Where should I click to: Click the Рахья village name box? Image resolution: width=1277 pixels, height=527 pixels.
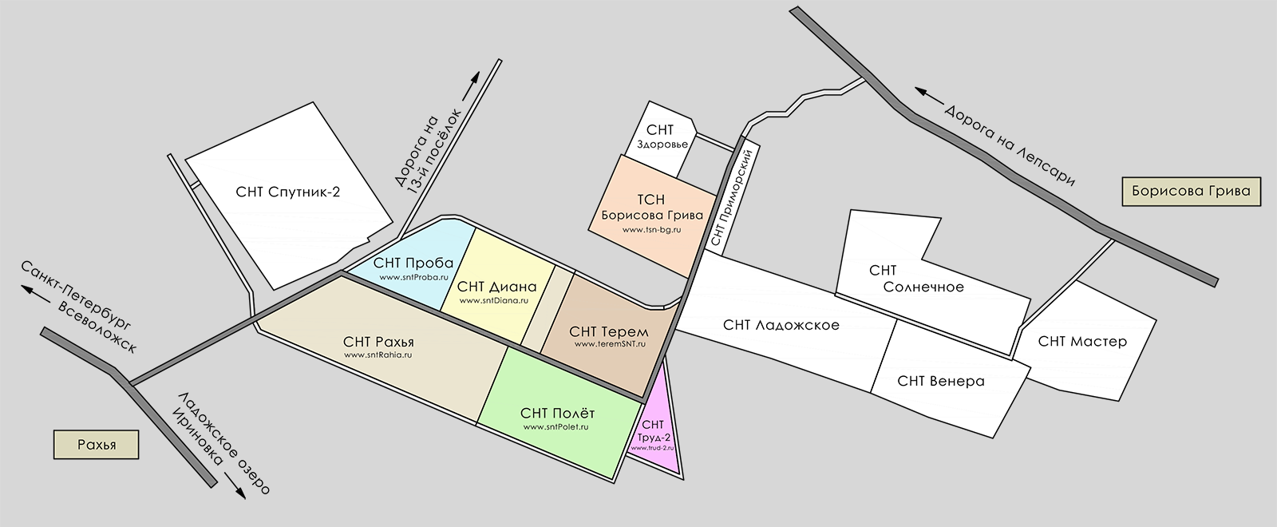coord(97,445)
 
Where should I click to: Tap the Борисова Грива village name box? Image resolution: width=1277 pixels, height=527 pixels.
coord(1191,192)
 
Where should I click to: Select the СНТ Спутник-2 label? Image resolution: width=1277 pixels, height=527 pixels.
coord(288,192)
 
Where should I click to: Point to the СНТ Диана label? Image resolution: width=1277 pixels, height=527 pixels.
coord(497,287)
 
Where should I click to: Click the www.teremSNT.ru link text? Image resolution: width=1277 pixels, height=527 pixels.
coord(610,344)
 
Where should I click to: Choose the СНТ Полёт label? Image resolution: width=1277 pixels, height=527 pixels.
coord(557,413)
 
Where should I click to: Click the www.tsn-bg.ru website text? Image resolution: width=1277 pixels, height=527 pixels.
coord(652,230)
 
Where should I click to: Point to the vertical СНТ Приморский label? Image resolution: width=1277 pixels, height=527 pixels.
coord(731,199)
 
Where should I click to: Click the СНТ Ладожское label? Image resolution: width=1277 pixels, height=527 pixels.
coord(781,325)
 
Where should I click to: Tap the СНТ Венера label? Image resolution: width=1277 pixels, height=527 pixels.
coord(940,381)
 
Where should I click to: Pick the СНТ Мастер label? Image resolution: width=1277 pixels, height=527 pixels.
coord(1082,342)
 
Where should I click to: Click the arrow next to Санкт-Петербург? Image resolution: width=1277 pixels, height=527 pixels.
coord(34,291)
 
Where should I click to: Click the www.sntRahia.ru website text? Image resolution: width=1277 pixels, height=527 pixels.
coord(378,355)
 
